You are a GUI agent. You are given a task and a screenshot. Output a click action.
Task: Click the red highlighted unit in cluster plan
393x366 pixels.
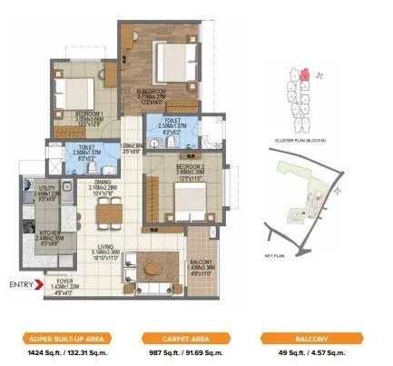coord(307,74)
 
